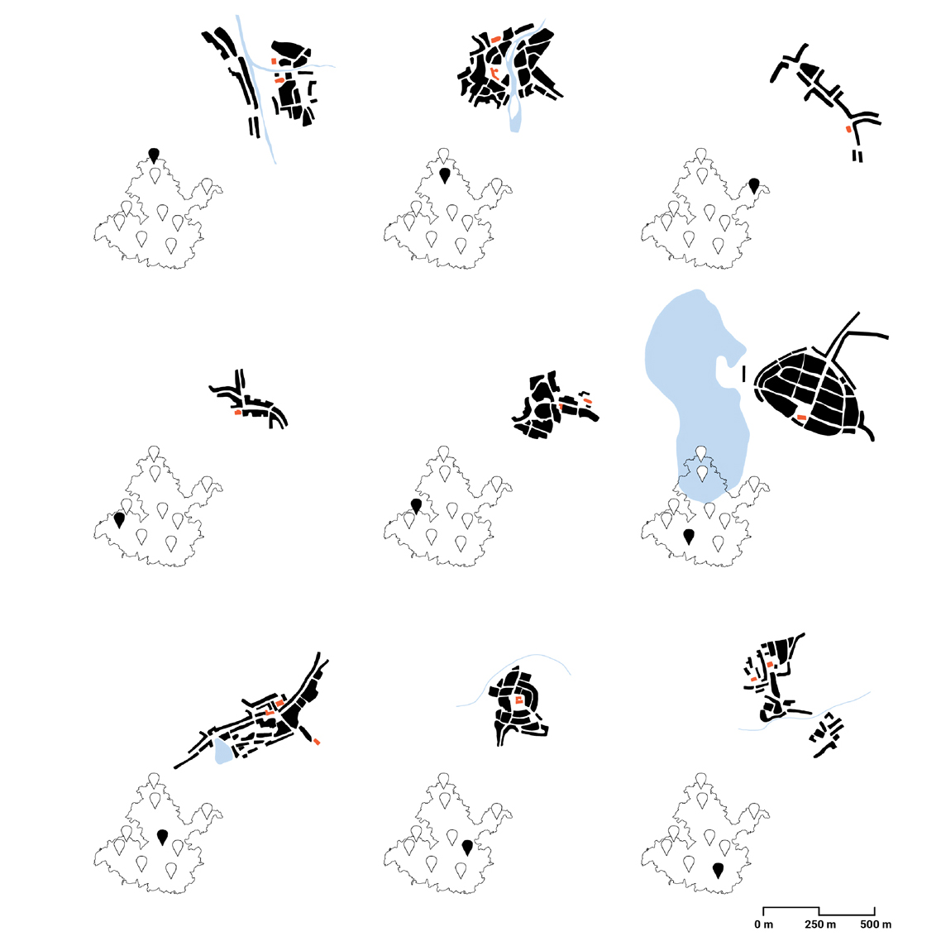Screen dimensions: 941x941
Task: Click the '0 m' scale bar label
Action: coord(763,924)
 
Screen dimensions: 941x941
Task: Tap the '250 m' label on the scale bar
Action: coord(819,924)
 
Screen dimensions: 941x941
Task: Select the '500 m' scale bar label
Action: coord(876,924)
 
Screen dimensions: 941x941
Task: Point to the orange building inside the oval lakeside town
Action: coord(801,417)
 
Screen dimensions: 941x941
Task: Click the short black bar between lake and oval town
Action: coord(744,374)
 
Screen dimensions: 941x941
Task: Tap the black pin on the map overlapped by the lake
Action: coord(688,537)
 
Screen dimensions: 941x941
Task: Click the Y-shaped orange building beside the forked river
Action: coord(494,74)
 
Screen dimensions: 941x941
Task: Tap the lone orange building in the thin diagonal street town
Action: coord(848,129)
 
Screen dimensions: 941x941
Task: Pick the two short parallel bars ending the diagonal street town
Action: coord(857,156)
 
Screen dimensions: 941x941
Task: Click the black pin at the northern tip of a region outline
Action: coord(154,155)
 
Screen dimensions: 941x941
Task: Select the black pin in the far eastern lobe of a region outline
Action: coord(754,185)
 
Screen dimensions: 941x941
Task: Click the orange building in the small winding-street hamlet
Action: coord(237,413)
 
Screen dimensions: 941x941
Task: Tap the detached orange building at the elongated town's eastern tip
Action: coord(317,743)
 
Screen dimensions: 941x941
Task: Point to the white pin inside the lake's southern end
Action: coord(701,474)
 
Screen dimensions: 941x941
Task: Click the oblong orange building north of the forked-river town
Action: coord(495,40)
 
